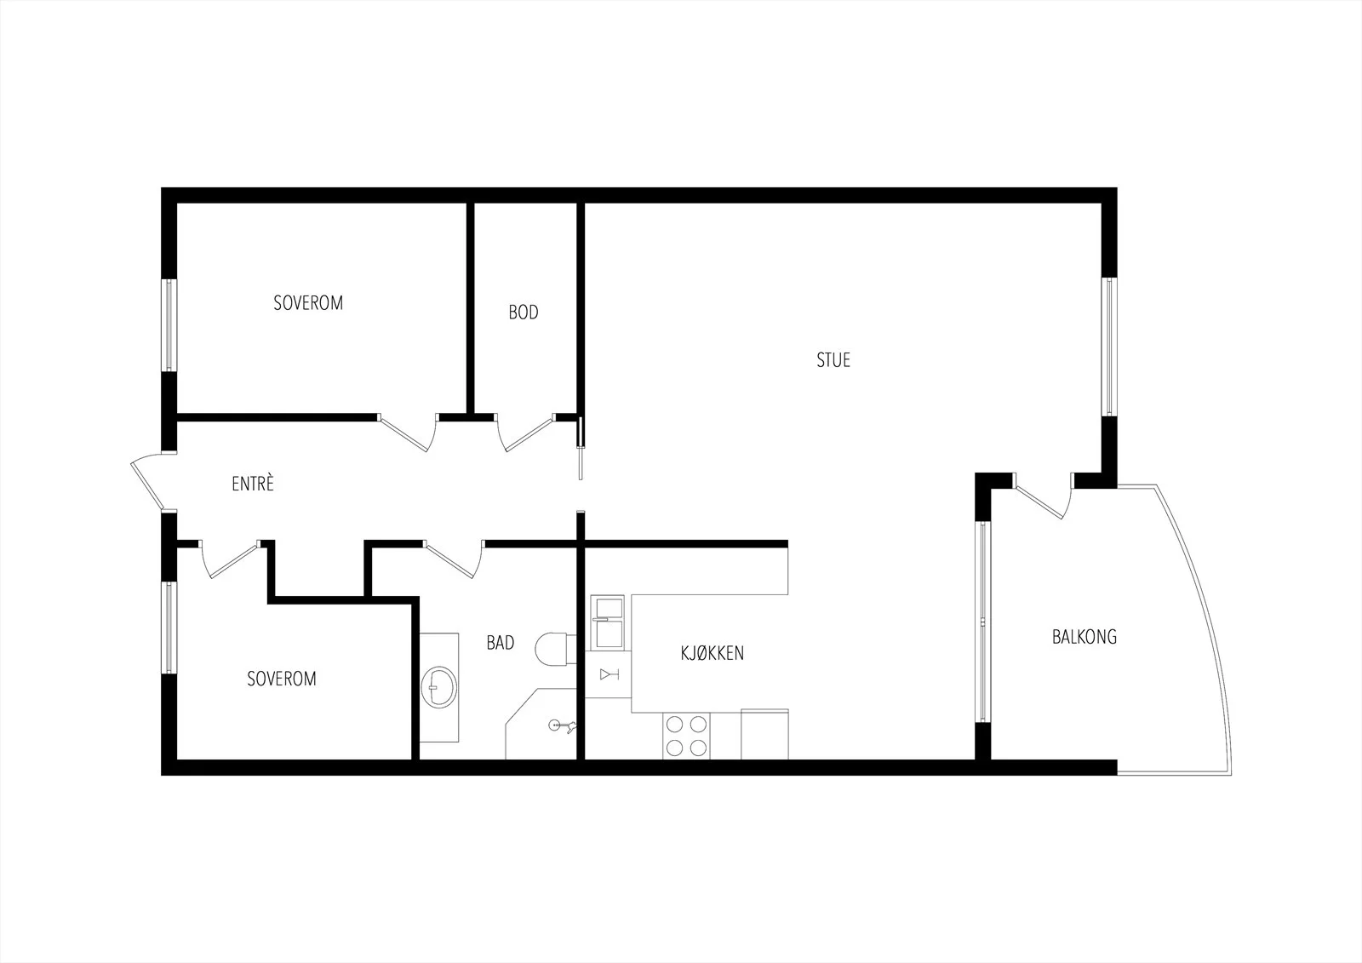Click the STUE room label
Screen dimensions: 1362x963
click(833, 360)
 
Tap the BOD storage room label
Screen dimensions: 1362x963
click(524, 312)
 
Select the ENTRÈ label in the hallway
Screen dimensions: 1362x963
click(253, 484)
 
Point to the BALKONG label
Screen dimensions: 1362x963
click(1084, 637)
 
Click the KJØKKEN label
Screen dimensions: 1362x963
click(712, 653)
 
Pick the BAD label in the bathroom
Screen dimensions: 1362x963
click(501, 642)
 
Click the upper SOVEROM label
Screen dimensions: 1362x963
click(308, 303)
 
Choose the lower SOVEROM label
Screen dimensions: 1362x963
click(282, 679)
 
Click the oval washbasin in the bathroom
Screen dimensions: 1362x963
click(438, 687)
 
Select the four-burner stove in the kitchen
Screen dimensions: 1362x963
click(686, 735)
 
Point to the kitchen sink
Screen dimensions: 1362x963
click(608, 623)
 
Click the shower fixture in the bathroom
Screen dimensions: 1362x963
click(562, 725)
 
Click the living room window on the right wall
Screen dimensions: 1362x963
click(1110, 347)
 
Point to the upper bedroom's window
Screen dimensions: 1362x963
click(169, 325)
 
